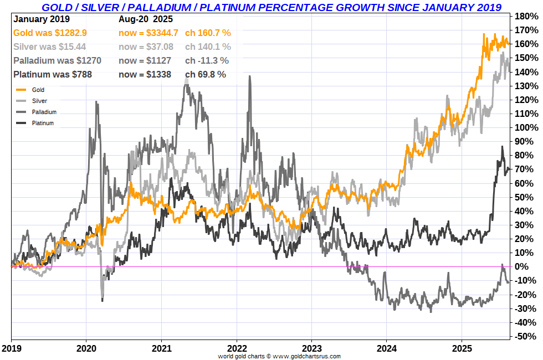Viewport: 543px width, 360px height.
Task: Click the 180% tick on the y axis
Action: pos(526,16)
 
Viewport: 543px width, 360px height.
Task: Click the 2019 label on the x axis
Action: pos(11,349)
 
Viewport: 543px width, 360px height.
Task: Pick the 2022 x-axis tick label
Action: pos(237,349)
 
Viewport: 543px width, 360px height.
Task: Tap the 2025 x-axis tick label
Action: pos(462,349)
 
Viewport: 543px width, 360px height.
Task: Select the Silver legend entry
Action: pos(39,101)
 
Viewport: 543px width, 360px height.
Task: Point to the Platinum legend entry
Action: pos(43,123)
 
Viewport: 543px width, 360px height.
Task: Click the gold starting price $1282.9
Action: pos(67,33)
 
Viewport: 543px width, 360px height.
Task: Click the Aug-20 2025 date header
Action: pos(146,19)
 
